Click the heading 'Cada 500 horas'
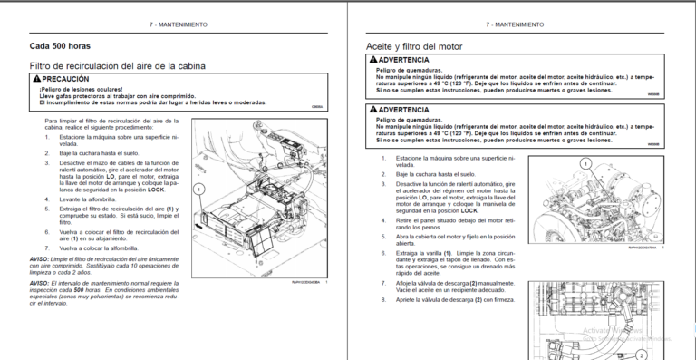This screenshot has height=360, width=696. (60, 45)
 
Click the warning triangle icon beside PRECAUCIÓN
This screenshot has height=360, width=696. (35, 80)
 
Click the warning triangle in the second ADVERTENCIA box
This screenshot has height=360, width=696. (371, 109)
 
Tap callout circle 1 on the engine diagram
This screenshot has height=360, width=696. (585, 165)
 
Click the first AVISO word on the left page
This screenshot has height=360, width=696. (41, 260)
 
